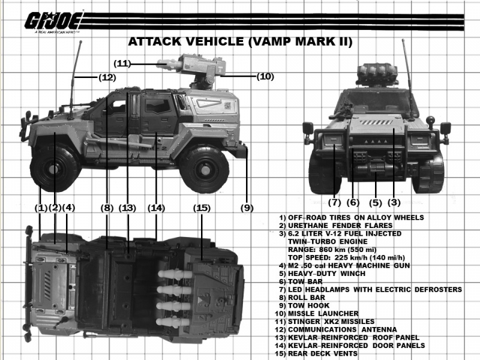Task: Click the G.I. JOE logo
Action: [x=53, y=22]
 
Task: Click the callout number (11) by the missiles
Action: [x=122, y=64]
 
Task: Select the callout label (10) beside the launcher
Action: [x=265, y=76]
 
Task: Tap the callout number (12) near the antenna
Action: [x=107, y=77]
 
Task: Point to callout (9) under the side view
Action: [x=247, y=208]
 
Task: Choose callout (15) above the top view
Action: [x=202, y=208]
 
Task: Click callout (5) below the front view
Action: [x=376, y=203]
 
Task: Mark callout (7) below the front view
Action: [x=334, y=202]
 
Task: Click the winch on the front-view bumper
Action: [x=376, y=169]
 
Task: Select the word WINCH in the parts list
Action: [x=353, y=274]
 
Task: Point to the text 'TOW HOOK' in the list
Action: [x=308, y=305]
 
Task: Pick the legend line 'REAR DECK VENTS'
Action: [x=323, y=353]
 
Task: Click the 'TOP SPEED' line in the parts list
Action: [x=346, y=258]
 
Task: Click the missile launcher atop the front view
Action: [x=377, y=74]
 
